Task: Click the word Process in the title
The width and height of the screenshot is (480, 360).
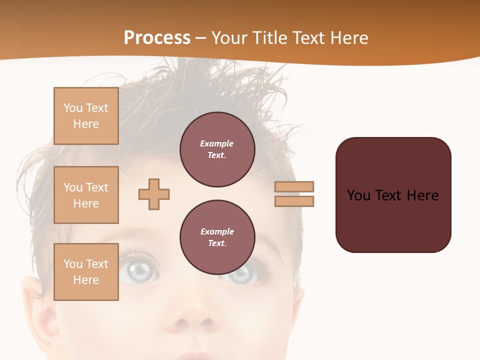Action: tap(157, 38)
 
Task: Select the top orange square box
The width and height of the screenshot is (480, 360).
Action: tap(86, 116)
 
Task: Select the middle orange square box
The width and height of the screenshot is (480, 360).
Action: tap(86, 195)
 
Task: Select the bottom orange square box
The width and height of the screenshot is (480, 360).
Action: tap(86, 272)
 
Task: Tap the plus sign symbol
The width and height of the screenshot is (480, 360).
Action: tap(154, 194)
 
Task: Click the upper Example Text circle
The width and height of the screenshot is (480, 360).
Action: tap(217, 149)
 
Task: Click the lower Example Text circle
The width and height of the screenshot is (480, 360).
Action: tap(217, 237)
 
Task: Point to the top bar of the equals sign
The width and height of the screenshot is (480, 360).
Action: tap(294, 186)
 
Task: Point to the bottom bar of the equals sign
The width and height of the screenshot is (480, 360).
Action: tap(294, 201)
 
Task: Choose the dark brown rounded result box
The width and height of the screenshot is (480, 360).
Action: tap(393, 195)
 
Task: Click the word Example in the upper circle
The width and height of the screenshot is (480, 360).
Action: tap(217, 143)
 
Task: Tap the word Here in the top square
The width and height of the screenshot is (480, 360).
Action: tap(86, 124)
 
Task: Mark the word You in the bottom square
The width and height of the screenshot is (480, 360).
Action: tap(72, 264)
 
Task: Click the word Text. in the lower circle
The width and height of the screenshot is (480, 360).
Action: tap(217, 243)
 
